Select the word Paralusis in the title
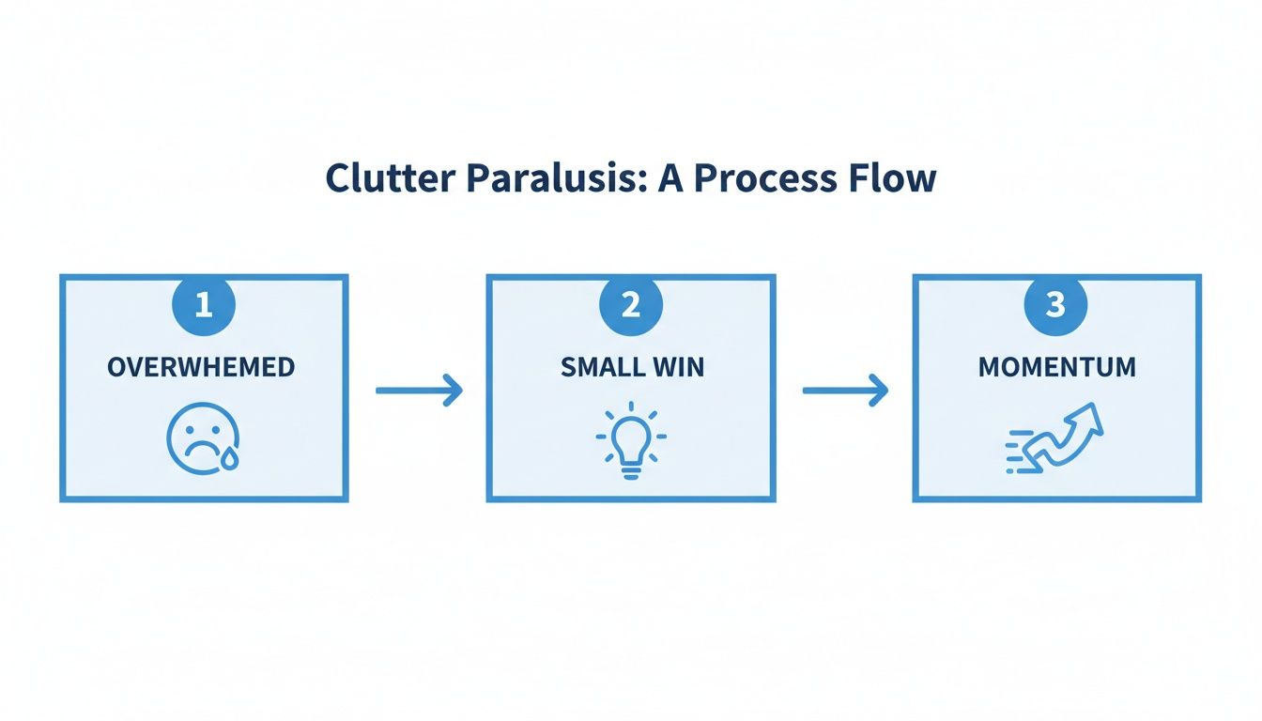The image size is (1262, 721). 536,178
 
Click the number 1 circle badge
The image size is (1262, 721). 204,305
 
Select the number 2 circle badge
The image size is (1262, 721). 631,305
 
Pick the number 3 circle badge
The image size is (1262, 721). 1056,305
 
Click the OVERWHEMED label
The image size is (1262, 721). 201,367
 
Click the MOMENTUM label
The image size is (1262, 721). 1056,367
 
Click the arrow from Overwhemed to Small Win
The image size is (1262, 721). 419,391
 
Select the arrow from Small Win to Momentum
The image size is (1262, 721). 845,391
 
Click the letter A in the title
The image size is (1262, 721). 669,178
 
